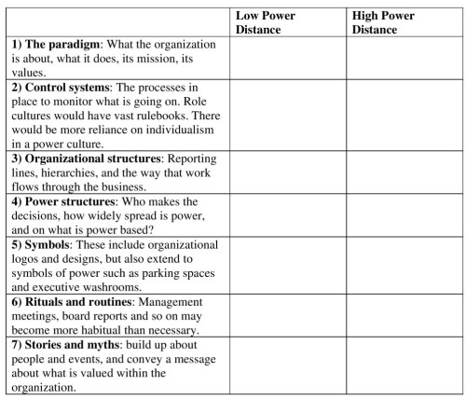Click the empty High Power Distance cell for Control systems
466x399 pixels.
(404, 115)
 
